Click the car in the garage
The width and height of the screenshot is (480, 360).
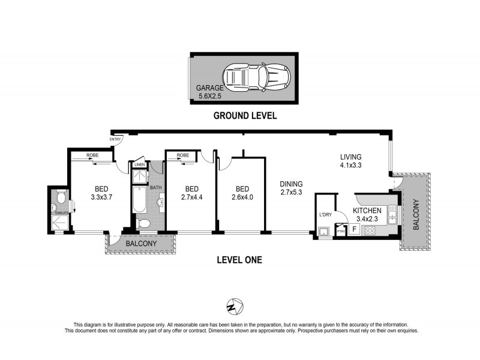pos(256,77)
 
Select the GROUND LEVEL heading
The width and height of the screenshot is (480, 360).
pos(245,116)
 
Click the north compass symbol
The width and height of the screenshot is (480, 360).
pos(235,306)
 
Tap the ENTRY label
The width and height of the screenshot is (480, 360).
pos(115,140)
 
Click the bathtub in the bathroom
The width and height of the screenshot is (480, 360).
pos(139,200)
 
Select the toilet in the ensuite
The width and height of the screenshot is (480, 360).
pos(59,197)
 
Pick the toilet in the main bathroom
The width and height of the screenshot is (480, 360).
pos(143,224)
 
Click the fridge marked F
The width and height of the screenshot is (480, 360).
pos(354,229)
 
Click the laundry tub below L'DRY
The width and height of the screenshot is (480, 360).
pos(325,231)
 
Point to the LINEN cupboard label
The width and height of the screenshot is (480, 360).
pos(139,164)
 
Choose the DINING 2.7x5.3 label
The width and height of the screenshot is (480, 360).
pos(291,188)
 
